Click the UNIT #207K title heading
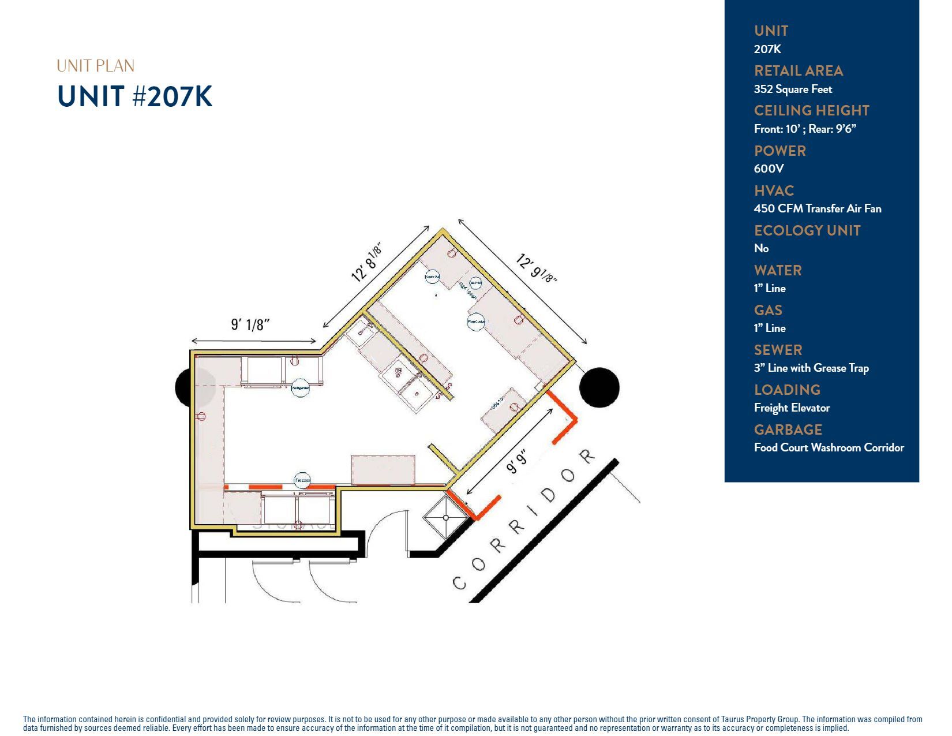pos(135,96)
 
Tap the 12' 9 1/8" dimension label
pos(536,268)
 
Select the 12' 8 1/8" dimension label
pos(367,263)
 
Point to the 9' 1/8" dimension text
pos(250,325)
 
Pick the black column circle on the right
pos(599,387)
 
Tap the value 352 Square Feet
pos(793,89)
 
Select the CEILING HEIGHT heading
pos(811,110)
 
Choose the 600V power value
pos(769,169)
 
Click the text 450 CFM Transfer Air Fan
pos(817,208)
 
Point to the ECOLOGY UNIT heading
pos(807,230)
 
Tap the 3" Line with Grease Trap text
pos(811,368)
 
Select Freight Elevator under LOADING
pos(792,408)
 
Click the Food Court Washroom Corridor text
pos(829,447)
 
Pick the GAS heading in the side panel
pos(768,310)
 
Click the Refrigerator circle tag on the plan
pos(300,388)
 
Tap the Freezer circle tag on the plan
pos(302,480)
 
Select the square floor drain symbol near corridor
pos(446,517)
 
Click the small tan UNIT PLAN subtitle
pos(95,66)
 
